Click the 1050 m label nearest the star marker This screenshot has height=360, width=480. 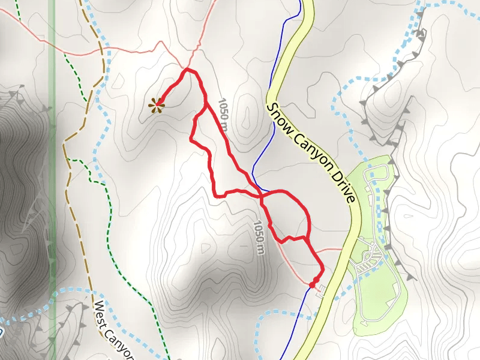click(223, 115)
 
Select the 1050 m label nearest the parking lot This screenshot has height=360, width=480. click(259, 238)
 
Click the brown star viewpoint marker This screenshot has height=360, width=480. click(158, 105)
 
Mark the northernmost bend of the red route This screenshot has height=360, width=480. click(190, 70)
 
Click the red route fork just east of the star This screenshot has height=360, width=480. click(205, 106)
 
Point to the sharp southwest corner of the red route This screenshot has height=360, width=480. click(215, 195)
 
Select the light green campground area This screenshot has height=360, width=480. click(378, 300)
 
